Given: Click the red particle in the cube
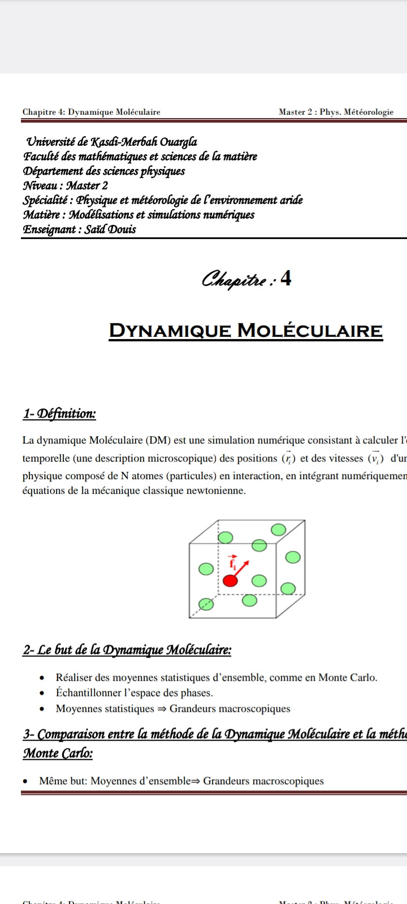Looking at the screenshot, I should tap(229, 580).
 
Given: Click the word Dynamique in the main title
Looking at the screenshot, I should tap(170, 331).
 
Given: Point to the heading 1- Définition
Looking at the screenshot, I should tap(59, 414).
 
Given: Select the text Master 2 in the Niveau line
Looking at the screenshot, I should tap(87, 185).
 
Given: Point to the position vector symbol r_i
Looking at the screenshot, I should tap(288, 458).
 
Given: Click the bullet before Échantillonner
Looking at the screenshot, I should tap(42, 693).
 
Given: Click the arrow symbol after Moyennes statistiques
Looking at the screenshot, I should tap(162, 709).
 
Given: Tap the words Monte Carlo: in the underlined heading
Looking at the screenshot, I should tap(58, 753).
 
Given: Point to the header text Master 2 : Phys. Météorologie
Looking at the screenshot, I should tap(336, 112).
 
